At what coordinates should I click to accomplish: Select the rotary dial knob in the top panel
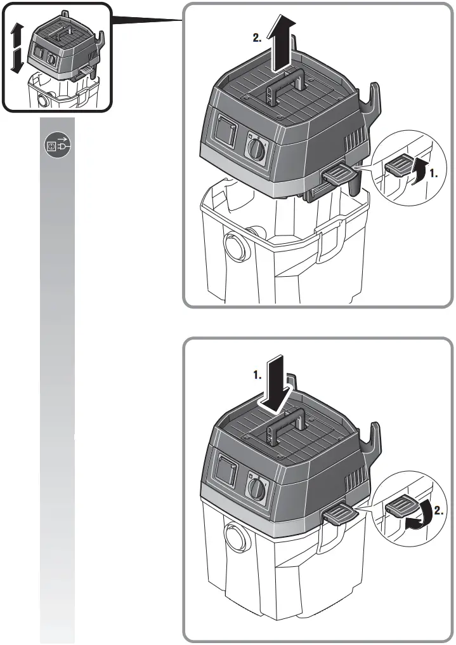(x=256, y=150)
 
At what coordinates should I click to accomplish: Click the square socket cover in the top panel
(x=224, y=133)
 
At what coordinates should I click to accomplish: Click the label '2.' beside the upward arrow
(x=257, y=37)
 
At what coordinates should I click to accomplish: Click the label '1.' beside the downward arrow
(x=257, y=375)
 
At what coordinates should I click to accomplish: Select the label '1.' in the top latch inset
(x=433, y=172)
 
